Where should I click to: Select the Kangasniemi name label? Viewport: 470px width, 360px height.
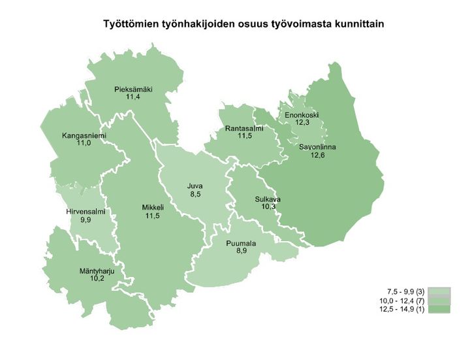83,136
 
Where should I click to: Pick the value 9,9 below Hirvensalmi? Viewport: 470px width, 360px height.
86,221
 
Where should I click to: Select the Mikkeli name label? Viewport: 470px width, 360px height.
152,208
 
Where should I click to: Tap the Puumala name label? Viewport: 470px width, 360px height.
241,244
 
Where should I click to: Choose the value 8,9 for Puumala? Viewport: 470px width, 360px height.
241,252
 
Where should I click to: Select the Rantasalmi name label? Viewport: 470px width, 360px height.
244,129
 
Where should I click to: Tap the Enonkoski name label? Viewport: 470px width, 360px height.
302,115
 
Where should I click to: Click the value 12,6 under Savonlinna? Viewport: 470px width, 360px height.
317,155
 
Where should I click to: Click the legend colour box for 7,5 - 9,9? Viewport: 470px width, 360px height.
440,290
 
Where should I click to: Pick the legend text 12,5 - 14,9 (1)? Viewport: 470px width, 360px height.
401,308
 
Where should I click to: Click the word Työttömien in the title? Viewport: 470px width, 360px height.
129,24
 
